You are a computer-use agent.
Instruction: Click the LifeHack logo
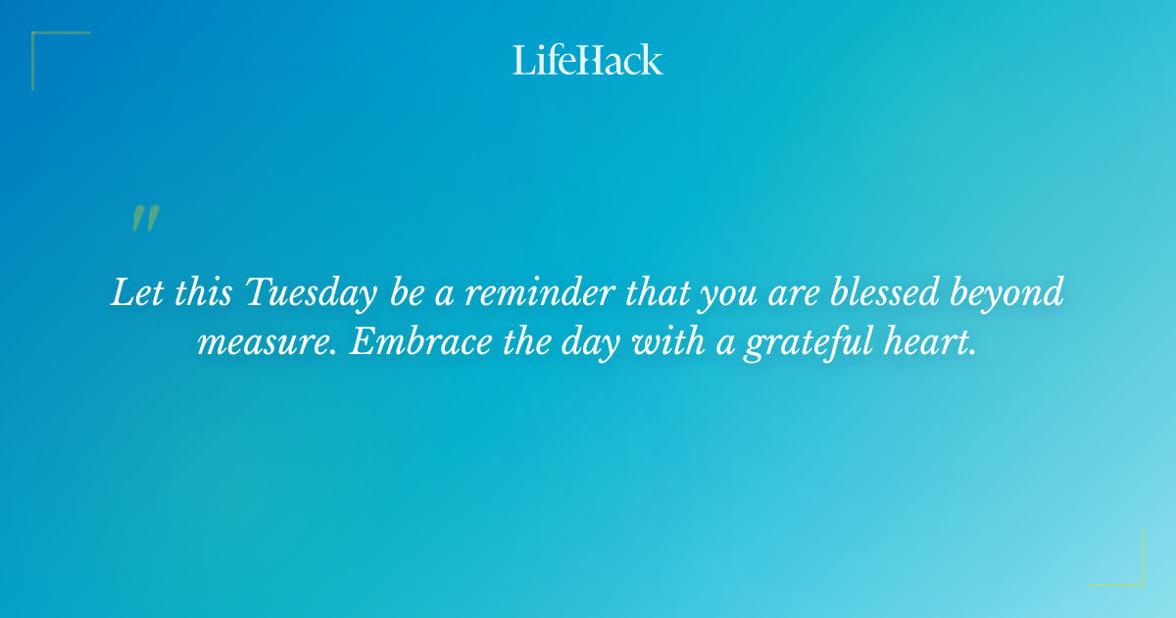pos(587,60)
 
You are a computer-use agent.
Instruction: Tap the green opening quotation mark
pos(145,219)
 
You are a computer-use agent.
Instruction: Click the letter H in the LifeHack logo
pos(585,60)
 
